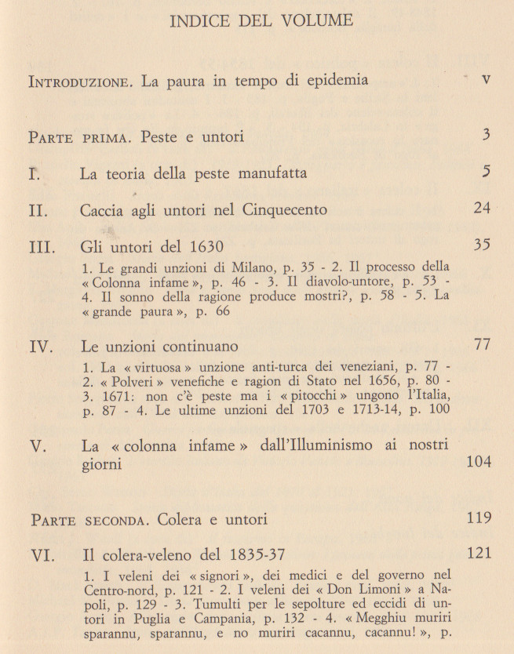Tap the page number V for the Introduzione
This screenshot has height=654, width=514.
coord(486,80)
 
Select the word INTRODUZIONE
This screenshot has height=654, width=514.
coord(81,82)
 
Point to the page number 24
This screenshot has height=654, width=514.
coord(482,208)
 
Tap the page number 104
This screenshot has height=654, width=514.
coord(478,462)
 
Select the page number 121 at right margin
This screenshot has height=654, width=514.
coord(478,554)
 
